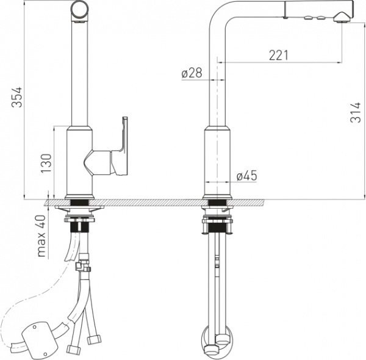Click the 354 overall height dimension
click(17, 97)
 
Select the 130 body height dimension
click(46, 164)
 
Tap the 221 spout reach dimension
click(279, 56)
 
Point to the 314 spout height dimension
click(355, 112)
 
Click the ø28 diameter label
click(192, 73)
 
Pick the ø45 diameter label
click(246, 175)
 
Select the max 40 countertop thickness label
click(41, 236)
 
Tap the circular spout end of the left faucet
click(80, 11)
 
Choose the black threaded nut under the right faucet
click(217, 227)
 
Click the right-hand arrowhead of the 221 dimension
click(340, 62)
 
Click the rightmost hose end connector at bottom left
click(94, 339)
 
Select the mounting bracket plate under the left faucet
click(79, 207)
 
